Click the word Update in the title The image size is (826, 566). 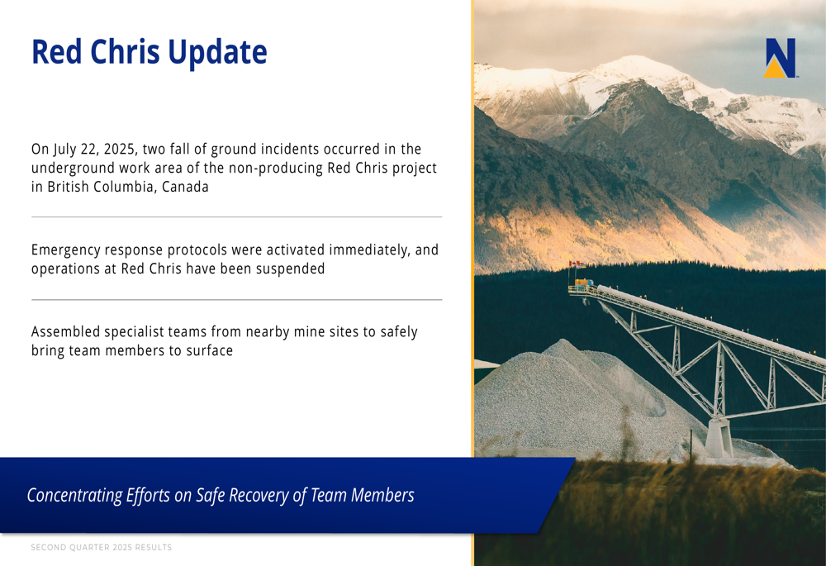coord(216,51)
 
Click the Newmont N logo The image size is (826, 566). coord(780,58)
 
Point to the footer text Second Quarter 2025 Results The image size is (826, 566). coord(102,547)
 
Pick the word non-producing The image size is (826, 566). coord(287,168)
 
